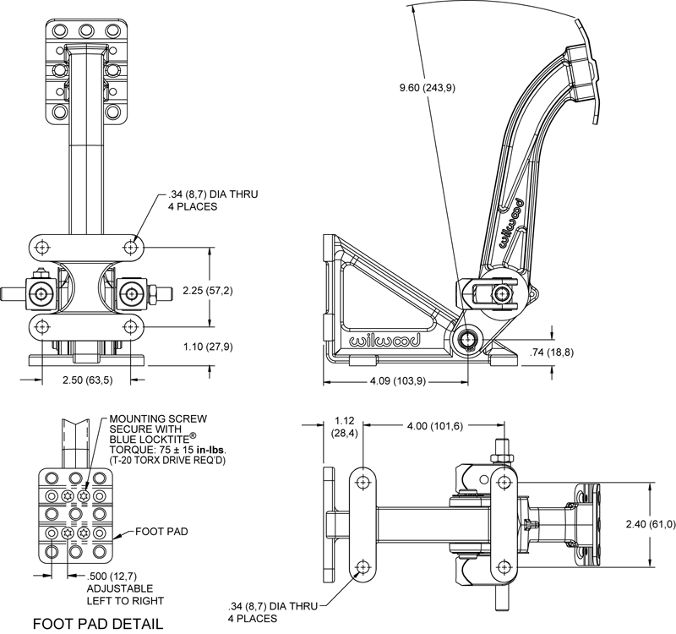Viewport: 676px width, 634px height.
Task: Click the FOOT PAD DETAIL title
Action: coord(98,624)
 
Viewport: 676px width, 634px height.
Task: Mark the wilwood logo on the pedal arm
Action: coord(511,221)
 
